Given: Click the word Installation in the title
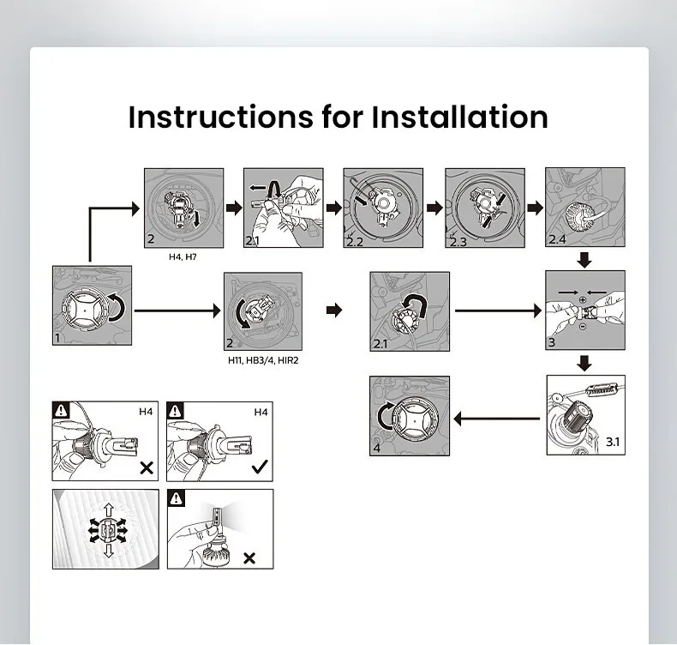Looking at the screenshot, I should (x=459, y=117).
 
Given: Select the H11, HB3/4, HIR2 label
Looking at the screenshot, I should (x=263, y=360).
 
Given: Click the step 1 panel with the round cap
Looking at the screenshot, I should (x=92, y=306).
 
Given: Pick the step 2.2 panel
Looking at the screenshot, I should (x=383, y=208).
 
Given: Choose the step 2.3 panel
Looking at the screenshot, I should (x=484, y=208).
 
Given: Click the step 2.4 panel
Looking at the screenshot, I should (x=585, y=208).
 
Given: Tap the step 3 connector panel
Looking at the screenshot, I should (x=585, y=310).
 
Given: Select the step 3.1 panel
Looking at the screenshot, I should (x=585, y=416).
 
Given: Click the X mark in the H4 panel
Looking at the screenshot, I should (x=146, y=467).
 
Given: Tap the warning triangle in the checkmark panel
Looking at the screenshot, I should (x=177, y=411).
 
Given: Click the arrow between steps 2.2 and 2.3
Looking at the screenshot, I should (x=434, y=208).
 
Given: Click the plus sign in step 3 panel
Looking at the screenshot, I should (x=582, y=298).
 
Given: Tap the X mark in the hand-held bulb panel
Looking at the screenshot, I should (x=249, y=558).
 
